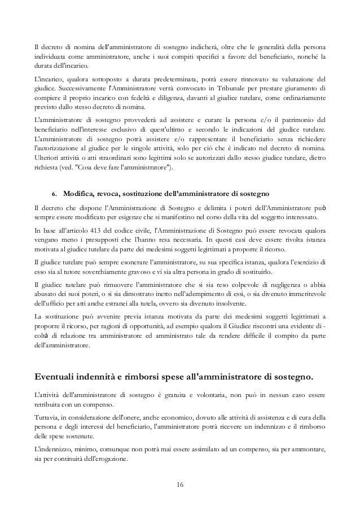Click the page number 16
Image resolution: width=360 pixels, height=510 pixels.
click(180, 485)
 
